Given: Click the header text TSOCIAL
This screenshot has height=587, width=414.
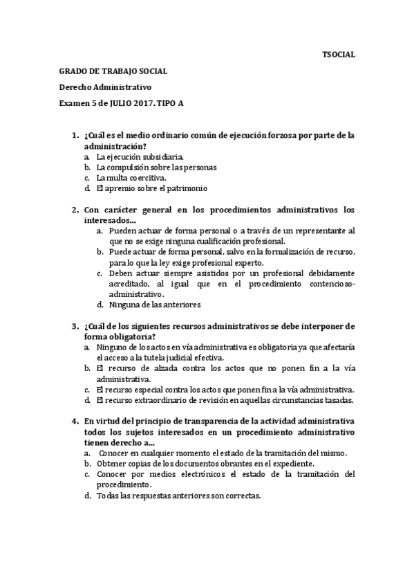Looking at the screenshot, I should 339,54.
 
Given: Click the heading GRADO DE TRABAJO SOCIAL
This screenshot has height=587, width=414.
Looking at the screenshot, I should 113,71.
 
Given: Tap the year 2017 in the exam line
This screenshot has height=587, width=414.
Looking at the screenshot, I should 147,104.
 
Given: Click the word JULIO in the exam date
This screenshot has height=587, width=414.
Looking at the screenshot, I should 122,104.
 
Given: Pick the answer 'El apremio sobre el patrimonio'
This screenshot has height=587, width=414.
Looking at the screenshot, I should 142,188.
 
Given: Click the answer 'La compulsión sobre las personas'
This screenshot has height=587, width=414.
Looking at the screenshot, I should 147,167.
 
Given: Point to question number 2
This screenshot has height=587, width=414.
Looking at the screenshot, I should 75,209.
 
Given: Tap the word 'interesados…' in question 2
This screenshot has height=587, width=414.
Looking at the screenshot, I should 110,219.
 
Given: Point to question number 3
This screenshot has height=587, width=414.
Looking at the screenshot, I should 75,325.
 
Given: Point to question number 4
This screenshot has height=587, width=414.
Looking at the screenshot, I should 75,421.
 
